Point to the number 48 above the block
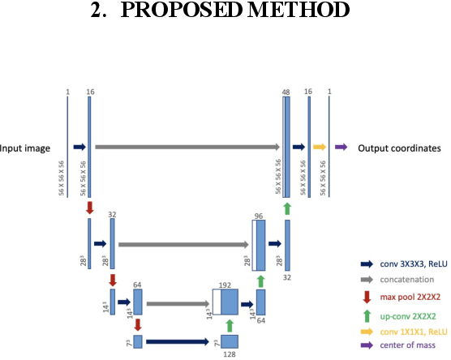(286, 93)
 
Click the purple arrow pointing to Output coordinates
(341, 148)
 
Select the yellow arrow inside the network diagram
(319, 148)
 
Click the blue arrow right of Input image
(79, 148)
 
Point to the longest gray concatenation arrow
(187, 148)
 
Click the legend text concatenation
(406, 278)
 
